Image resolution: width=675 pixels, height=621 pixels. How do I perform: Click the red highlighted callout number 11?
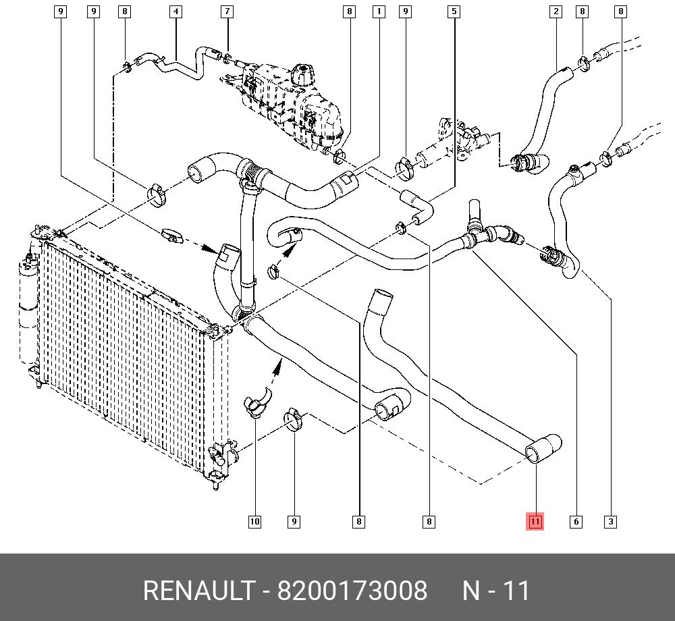(535, 522)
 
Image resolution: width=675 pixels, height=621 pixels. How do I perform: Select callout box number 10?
(255, 522)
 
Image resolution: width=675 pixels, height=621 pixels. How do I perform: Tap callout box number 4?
(175, 11)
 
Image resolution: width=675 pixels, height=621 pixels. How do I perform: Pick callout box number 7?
(227, 11)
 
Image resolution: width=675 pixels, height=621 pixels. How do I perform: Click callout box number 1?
(379, 11)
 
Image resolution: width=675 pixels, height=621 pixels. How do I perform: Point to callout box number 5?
(454, 11)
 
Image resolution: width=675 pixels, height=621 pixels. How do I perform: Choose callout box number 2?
(556, 11)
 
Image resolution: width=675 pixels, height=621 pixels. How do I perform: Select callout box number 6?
(576, 522)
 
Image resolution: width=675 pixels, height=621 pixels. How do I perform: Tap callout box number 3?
(610, 522)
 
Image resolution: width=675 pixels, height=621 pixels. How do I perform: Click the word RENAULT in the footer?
(199, 590)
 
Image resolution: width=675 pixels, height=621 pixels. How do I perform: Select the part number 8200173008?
(352, 590)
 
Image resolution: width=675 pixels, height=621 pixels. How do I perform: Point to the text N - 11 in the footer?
(496, 590)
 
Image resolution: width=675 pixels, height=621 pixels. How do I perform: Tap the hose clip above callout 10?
(257, 402)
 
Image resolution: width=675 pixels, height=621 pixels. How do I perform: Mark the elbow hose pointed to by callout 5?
(416, 207)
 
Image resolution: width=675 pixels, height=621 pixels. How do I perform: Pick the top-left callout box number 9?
(60, 11)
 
